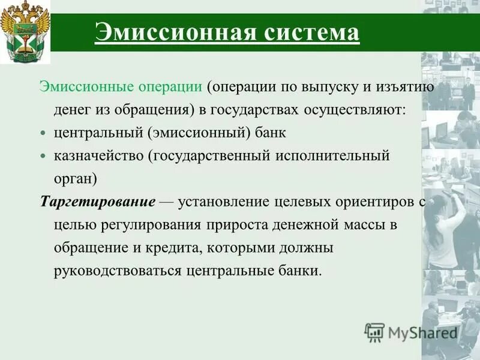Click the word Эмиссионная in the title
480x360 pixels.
pyautogui.click(x=173, y=32)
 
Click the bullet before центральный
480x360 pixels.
pyautogui.click(x=43, y=133)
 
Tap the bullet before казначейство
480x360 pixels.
pyautogui.click(x=43, y=156)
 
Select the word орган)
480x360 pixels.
pyautogui.click(x=75, y=179)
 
